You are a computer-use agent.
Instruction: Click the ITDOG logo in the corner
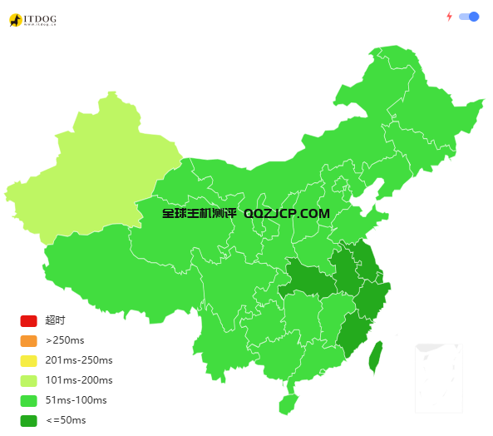[x=32, y=19]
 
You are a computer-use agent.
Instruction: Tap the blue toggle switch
[x=470, y=16]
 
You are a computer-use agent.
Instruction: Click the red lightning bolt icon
[x=450, y=16]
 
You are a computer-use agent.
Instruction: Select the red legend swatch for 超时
[x=29, y=321]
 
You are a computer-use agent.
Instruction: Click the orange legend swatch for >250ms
[x=29, y=341]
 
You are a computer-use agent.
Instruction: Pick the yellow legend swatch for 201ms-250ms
[x=29, y=361]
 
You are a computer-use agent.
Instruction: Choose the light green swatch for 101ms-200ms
[x=29, y=381]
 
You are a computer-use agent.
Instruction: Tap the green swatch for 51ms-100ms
[x=29, y=401]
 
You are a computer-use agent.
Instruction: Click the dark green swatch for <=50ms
[x=29, y=421]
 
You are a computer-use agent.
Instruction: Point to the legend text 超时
[x=55, y=321]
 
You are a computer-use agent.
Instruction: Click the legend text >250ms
[x=65, y=341]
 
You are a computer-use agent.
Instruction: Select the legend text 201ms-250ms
[x=78, y=361]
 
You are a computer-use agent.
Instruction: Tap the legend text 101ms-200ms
[x=78, y=381]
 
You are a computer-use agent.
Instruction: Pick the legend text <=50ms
[x=66, y=421]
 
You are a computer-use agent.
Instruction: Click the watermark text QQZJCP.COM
[x=287, y=214]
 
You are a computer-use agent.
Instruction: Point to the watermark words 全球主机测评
[x=200, y=214]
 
